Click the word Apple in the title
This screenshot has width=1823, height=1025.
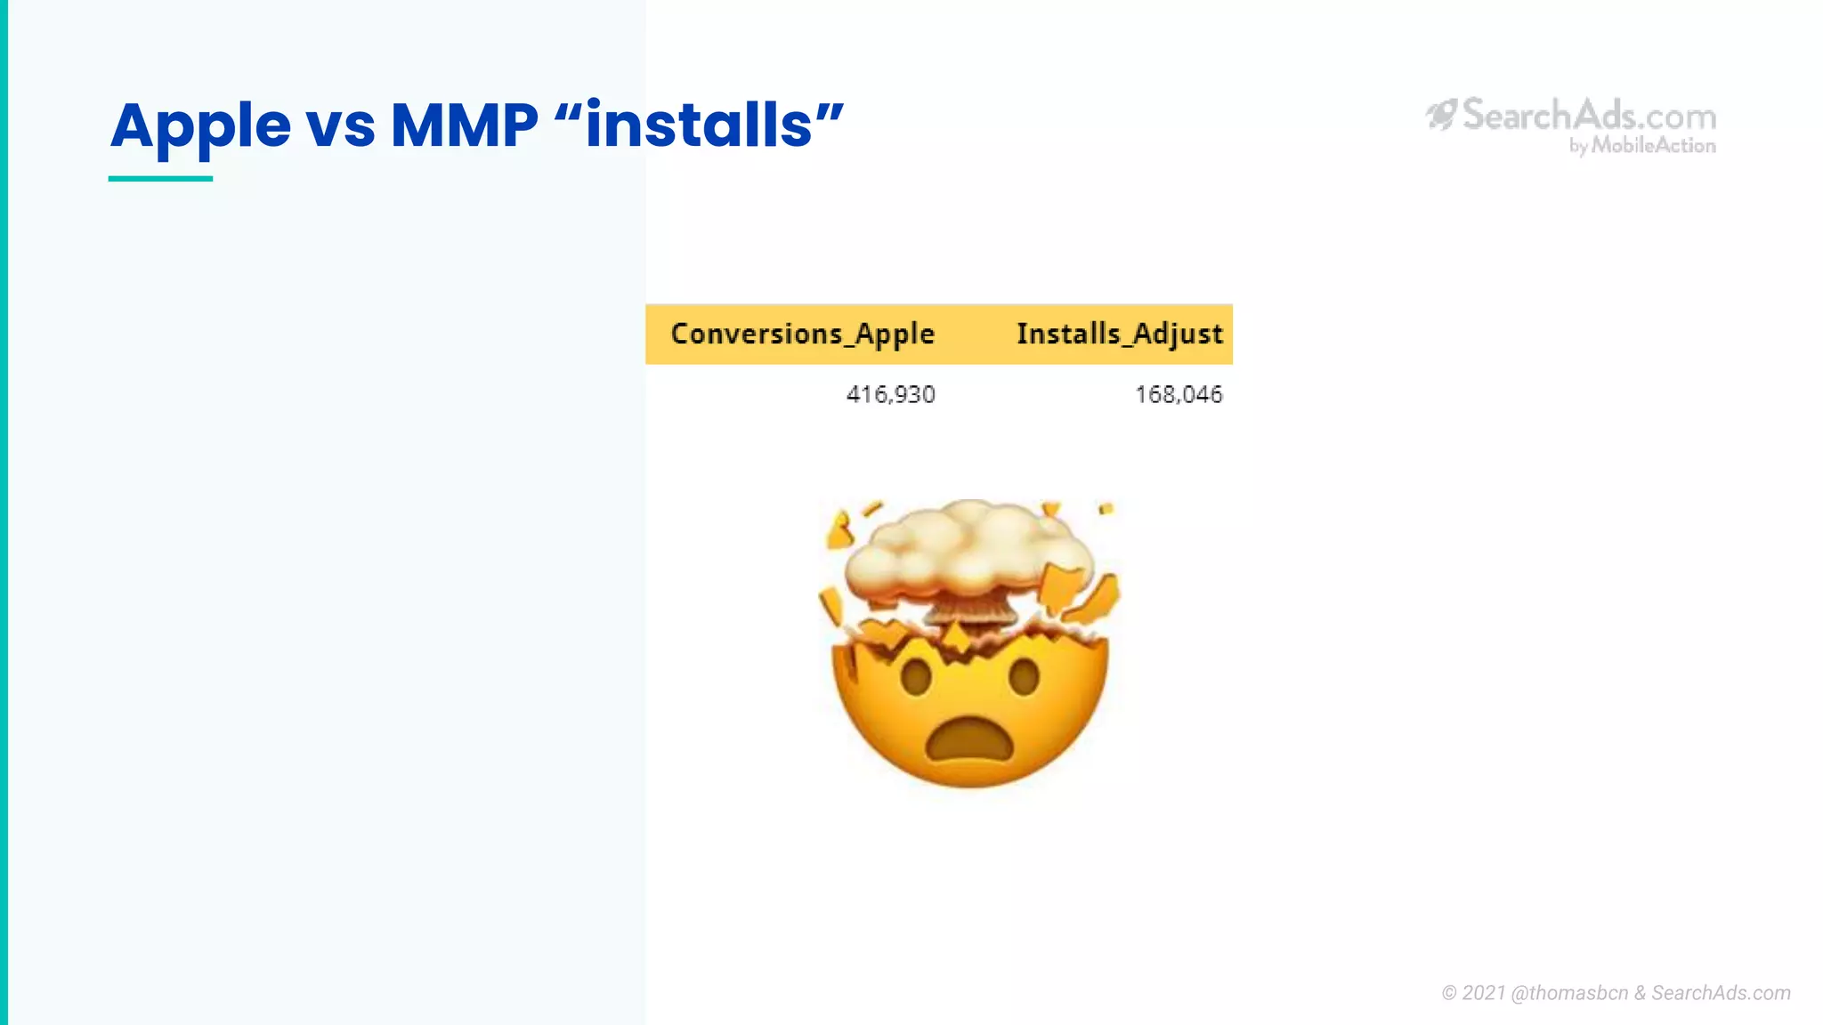(x=200, y=126)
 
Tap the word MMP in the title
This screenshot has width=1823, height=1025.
(x=464, y=125)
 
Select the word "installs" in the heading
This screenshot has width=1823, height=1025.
(x=699, y=125)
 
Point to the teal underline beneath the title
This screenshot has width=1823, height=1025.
(x=160, y=179)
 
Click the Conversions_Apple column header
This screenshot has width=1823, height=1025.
(x=802, y=334)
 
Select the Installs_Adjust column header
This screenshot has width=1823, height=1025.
(x=1119, y=334)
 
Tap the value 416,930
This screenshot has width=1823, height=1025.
(x=890, y=394)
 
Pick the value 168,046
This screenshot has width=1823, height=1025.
(x=1178, y=394)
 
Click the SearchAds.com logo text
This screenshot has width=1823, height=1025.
(x=1589, y=116)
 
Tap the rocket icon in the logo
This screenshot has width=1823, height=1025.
(x=1441, y=114)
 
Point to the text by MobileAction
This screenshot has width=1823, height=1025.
(x=1642, y=146)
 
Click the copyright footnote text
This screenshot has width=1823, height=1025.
(x=1616, y=993)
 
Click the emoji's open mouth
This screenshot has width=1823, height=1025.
(x=969, y=740)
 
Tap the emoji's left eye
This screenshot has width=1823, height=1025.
(x=916, y=678)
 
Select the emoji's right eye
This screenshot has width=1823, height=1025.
(x=1024, y=677)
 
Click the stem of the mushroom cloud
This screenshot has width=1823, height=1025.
(x=970, y=609)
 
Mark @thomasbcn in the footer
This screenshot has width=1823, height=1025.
(x=1569, y=993)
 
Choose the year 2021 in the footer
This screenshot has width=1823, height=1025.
(x=1483, y=993)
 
